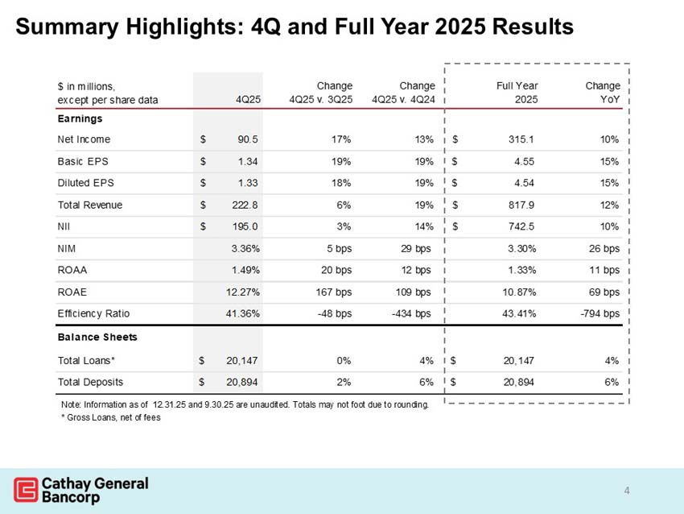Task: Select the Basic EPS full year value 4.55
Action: point(523,161)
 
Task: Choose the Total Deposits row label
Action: point(90,381)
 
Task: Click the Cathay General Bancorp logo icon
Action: point(26,488)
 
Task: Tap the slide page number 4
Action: point(627,490)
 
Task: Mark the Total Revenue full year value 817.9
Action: point(522,205)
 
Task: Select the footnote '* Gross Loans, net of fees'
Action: point(110,417)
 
